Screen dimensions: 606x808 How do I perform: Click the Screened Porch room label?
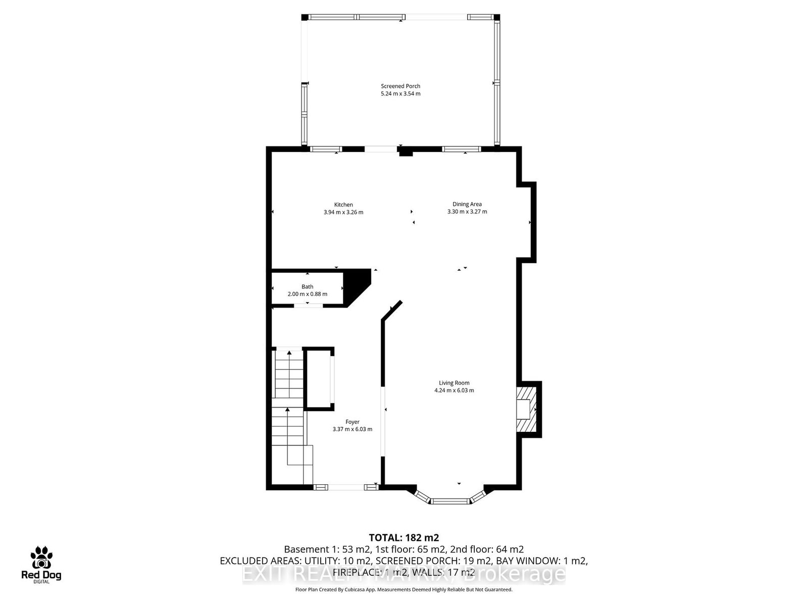click(x=400, y=86)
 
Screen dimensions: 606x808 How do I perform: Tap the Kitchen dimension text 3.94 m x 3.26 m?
click(x=343, y=212)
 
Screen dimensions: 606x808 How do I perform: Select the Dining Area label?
click(x=467, y=204)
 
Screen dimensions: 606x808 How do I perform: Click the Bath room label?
click(x=307, y=286)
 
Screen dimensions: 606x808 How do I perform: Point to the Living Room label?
click(x=454, y=383)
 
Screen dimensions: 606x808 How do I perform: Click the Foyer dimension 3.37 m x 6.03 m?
click(x=352, y=429)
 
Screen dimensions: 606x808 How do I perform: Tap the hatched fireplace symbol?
click(x=525, y=409)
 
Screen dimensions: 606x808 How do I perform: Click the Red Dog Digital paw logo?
click(x=41, y=558)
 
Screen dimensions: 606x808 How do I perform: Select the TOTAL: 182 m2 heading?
click(x=404, y=537)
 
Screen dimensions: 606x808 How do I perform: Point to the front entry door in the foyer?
click(x=346, y=487)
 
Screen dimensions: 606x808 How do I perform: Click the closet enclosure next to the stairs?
click(x=318, y=378)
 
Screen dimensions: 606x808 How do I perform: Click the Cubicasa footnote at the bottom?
click(x=404, y=589)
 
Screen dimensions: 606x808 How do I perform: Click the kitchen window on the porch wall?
click(x=326, y=149)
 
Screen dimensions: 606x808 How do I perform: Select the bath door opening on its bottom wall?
click(x=308, y=305)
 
